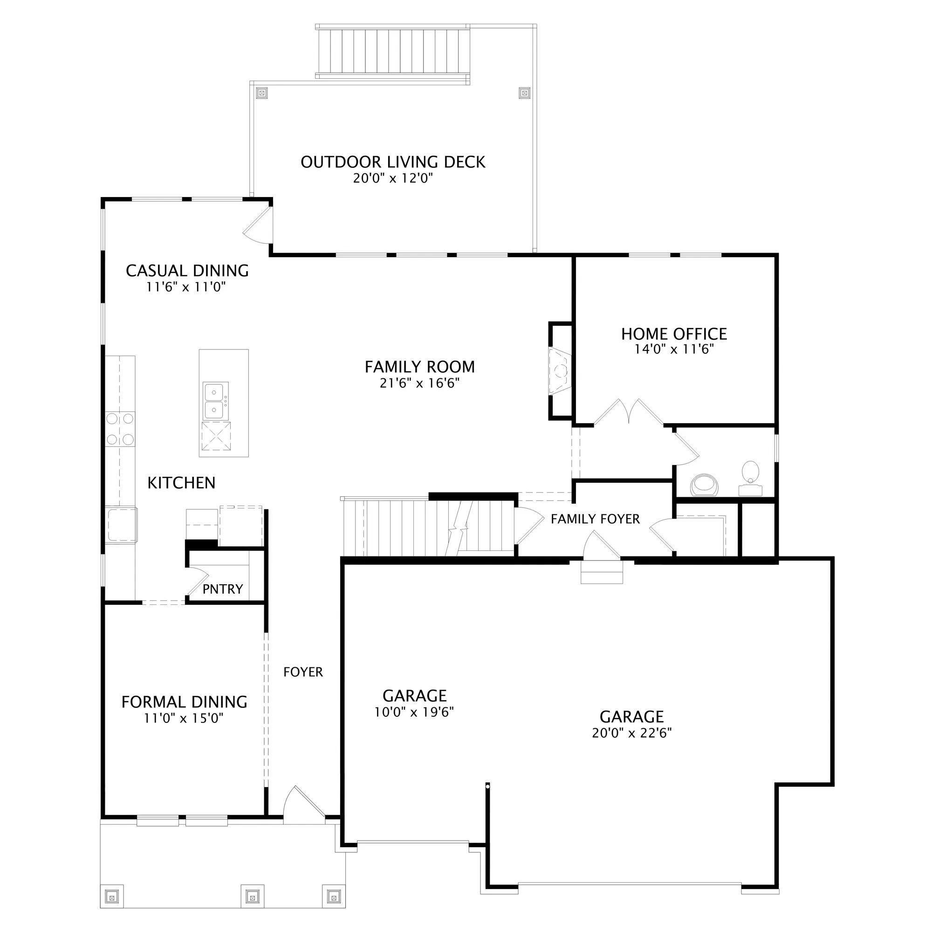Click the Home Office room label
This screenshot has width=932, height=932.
coord(674,334)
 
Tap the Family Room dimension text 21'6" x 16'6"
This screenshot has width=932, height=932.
coord(419,383)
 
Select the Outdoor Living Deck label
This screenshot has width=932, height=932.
coord(393,162)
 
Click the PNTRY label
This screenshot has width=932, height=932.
coord(222,589)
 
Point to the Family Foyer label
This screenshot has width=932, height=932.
coord(595,519)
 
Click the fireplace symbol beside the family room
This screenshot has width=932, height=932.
coord(560,370)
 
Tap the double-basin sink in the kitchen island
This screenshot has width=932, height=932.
coord(216,400)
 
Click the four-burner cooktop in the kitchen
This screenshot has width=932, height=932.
coord(120,429)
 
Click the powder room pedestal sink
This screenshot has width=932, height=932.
coord(751,478)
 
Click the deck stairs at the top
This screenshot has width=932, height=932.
coord(393,52)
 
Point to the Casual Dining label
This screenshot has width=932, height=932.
coord(187,271)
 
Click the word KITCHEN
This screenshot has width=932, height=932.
coord(181,483)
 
